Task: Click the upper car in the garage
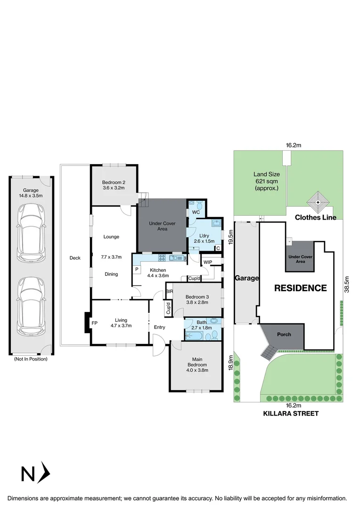31,233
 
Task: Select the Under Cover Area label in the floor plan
162,226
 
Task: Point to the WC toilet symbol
199,205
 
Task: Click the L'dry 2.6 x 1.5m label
205,238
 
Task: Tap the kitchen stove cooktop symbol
162,257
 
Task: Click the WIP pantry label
208,262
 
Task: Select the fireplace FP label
95,324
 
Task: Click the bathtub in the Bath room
194,336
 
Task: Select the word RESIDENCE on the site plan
301,288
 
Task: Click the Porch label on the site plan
284,335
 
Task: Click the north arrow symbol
36,473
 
